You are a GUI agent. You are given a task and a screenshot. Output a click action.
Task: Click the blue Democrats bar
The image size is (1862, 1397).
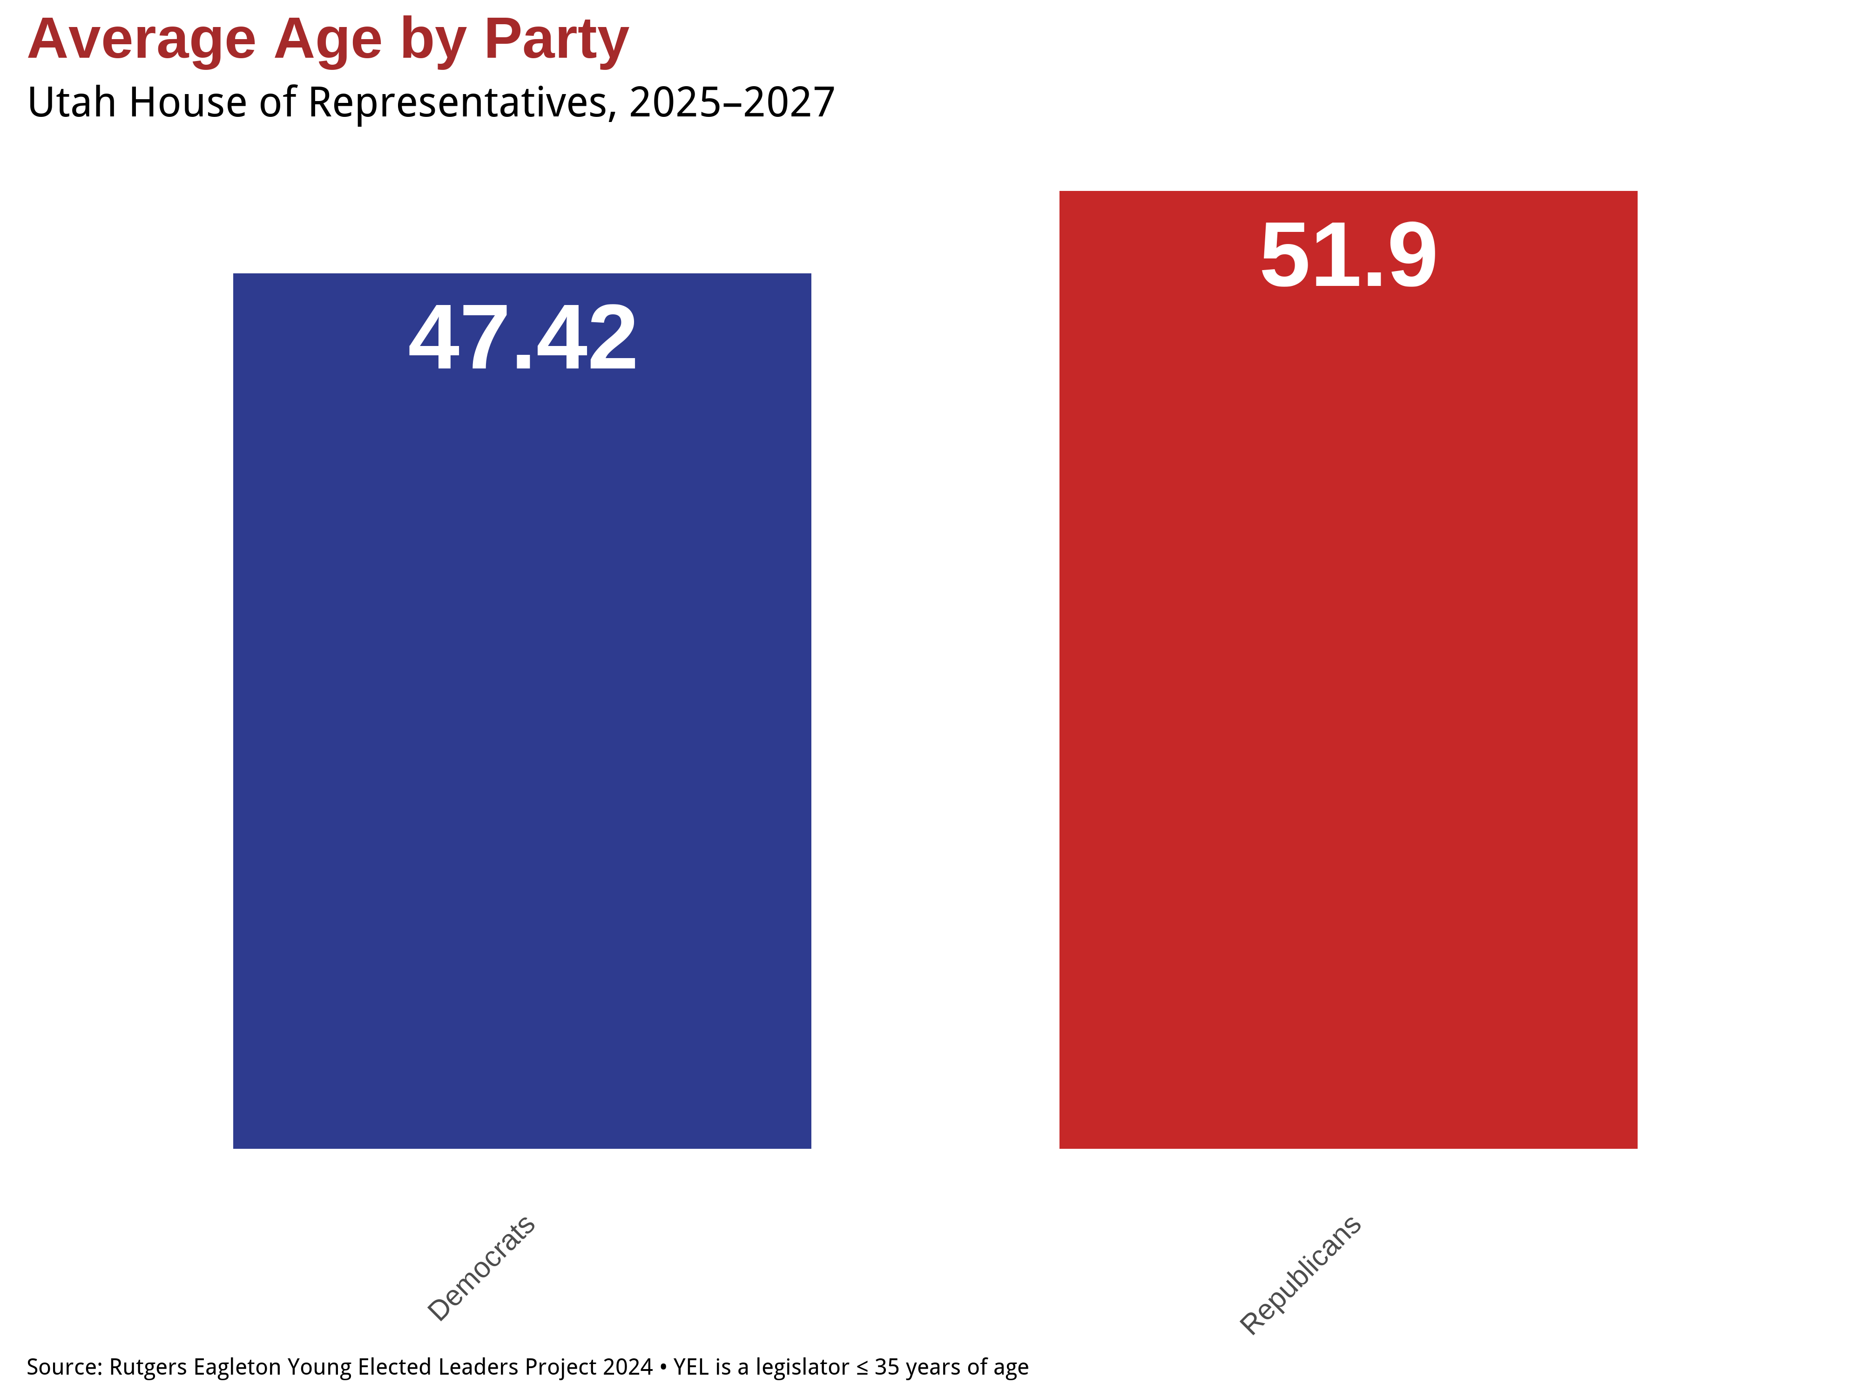pos(522,711)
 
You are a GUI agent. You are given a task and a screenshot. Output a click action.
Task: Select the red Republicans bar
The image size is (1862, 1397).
pos(1348,670)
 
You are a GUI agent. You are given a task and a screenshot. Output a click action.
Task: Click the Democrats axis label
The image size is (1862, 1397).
pos(481,1268)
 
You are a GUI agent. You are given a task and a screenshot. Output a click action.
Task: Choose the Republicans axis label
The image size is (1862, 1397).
pos(1301,1275)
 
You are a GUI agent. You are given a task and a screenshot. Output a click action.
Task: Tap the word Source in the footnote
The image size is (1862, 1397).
pos(64,1367)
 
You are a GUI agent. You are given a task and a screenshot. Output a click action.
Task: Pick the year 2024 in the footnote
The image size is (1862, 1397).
pos(628,1367)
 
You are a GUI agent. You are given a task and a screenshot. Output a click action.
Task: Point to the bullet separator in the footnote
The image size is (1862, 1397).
pos(663,1368)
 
